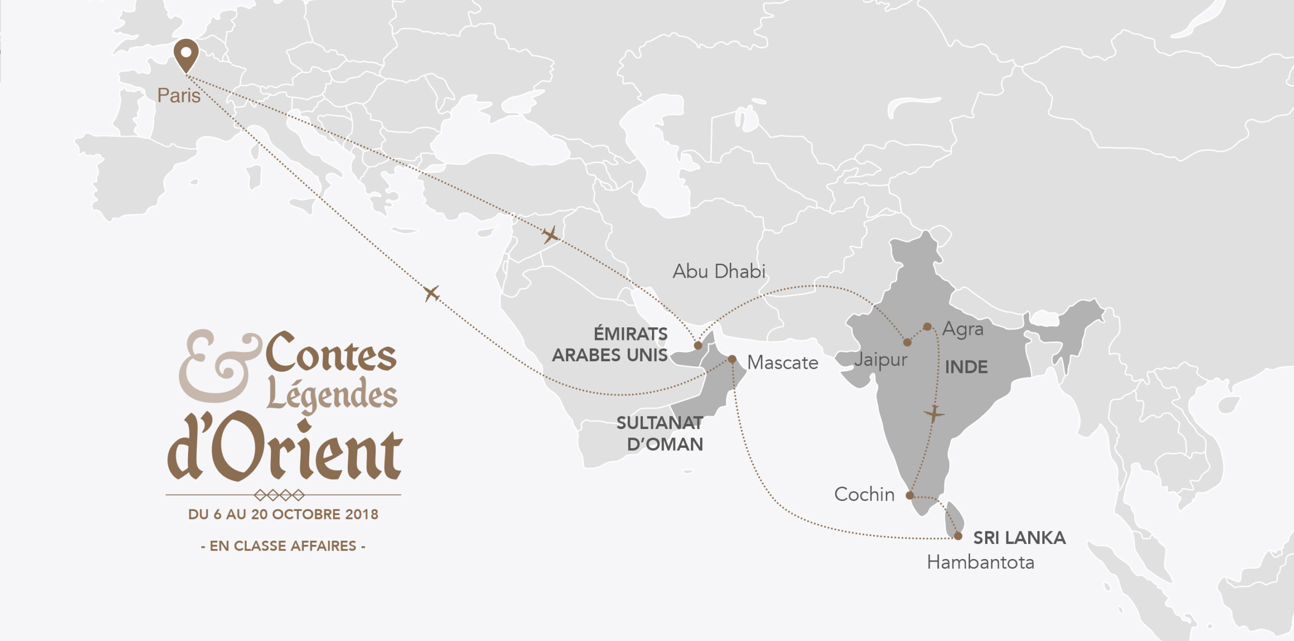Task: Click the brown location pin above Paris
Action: click(x=186, y=54)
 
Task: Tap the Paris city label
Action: click(x=178, y=96)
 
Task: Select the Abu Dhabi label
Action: click(x=718, y=272)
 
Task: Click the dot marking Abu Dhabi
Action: click(x=698, y=346)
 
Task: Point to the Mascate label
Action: click(x=782, y=363)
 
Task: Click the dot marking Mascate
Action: click(x=732, y=359)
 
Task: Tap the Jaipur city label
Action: click(x=881, y=360)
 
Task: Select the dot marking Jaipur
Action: click(x=907, y=343)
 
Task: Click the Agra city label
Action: click(x=963, y=329)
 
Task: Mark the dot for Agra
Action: click(x=927, y=327)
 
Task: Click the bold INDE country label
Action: click(x=966, y=367)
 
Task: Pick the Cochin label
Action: click(x=864, y=494)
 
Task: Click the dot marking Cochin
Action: click(x=910, y=495)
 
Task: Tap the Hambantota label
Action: click(x=980, y=563)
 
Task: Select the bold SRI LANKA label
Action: click(x=1019, y=538)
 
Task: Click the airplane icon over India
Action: click(x=934, y=414)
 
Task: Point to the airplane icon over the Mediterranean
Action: click(x=431, y=293)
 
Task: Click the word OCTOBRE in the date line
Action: click(x=306, y=515)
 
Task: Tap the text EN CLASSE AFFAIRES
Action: click(x=283, y=546)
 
